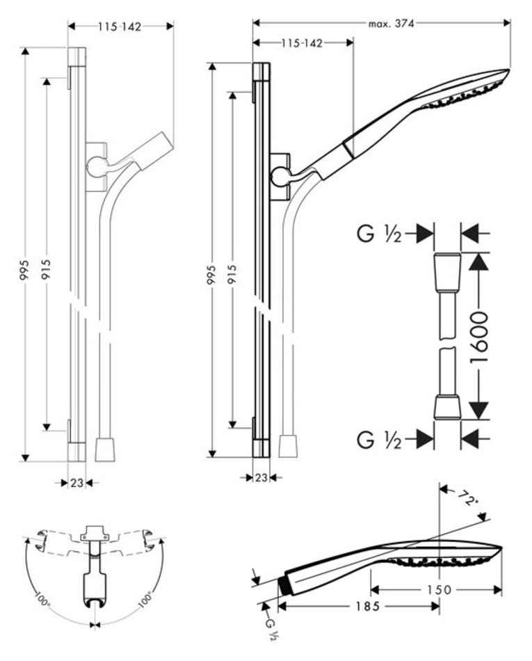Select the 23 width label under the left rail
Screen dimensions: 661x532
pyautogui.click(x=76, y=481)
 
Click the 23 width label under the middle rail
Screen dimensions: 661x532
pyautogui.click(x=261, y=477)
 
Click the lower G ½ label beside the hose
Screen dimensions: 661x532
pyautogui.click(x=380, y=439)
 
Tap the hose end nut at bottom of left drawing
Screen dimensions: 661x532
pyautogui.click(x=105, y=449)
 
